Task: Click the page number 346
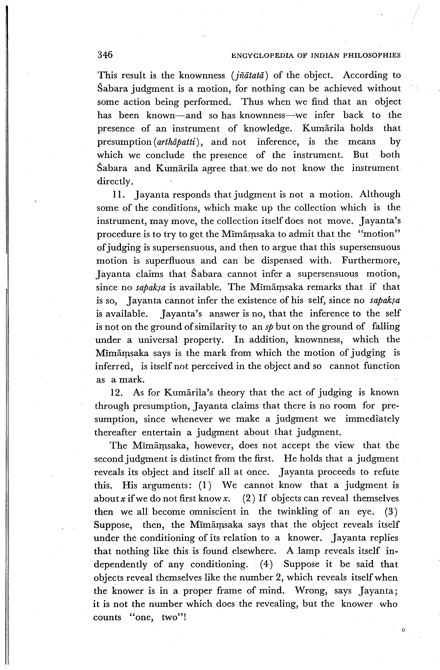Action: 105,55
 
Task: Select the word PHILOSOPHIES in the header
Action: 372,56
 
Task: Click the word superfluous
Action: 170,261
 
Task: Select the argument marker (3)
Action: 391,511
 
